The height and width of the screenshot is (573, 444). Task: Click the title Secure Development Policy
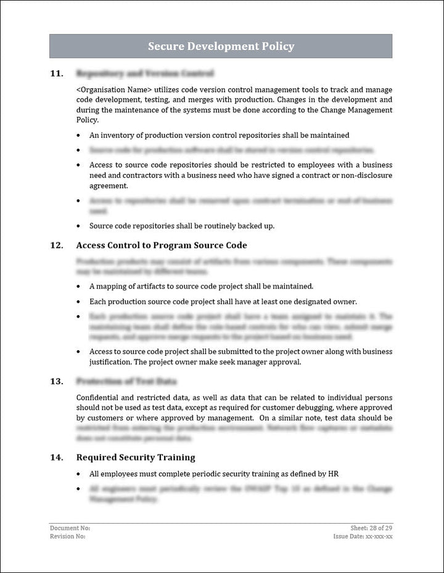[x=221, y=46]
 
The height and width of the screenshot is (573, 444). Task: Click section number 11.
[x=56, y=73]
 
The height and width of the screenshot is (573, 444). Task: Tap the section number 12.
[x=56, y=245]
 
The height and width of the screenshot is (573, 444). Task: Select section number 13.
[x=56, y=381]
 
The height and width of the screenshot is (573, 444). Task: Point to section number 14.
[x=56, y=458]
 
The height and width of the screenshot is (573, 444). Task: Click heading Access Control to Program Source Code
[x=162, y=245]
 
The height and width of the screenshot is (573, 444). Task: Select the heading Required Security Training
[x=136, y=458]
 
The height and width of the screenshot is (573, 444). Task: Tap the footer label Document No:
[x=70, y=528]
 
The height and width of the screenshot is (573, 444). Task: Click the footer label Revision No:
[x=68, y=537]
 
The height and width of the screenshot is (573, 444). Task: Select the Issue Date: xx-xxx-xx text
[x=363, y=537]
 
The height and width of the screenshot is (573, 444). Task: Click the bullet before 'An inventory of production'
[x=78, y=135]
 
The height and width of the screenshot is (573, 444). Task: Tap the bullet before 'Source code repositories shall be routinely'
[x=78, y=226]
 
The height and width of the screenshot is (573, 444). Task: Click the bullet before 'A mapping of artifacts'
[x=78, y=287]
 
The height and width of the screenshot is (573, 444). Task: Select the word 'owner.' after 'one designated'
[x=343, y=302]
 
